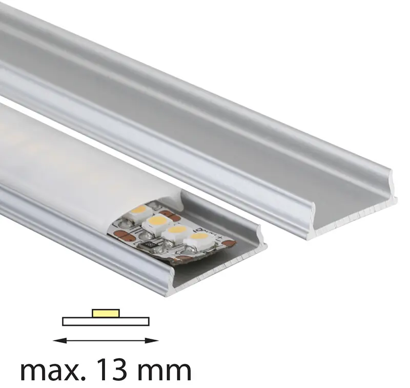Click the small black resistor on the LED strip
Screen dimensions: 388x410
[150, 246]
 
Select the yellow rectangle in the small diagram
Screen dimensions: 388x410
[106, 312]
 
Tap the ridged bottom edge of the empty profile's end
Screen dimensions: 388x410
[354, 215]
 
